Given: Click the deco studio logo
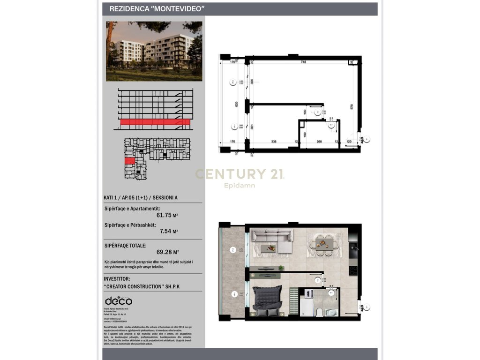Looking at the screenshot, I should [x=118, y=300].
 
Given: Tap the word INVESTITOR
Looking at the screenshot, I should [x=120, y=278].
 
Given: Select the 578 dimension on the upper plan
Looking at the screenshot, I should [x=351, y=106].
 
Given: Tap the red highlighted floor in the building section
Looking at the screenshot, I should [x=155, y=123].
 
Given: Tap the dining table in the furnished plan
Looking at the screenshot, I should [x=321, y=243].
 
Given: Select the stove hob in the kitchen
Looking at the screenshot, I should [x=353, y=270].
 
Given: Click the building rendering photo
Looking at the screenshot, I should [x=154, y=51].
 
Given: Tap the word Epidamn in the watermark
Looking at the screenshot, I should [x=239, y=186].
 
